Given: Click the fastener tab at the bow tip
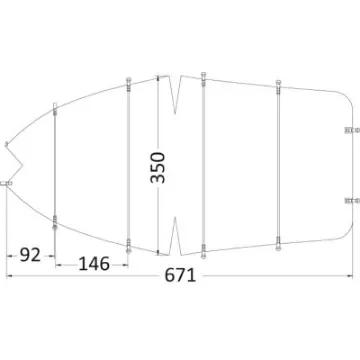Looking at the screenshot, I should [x=6, y=183].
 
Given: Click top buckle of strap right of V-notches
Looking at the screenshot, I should [x=203, y=77].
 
